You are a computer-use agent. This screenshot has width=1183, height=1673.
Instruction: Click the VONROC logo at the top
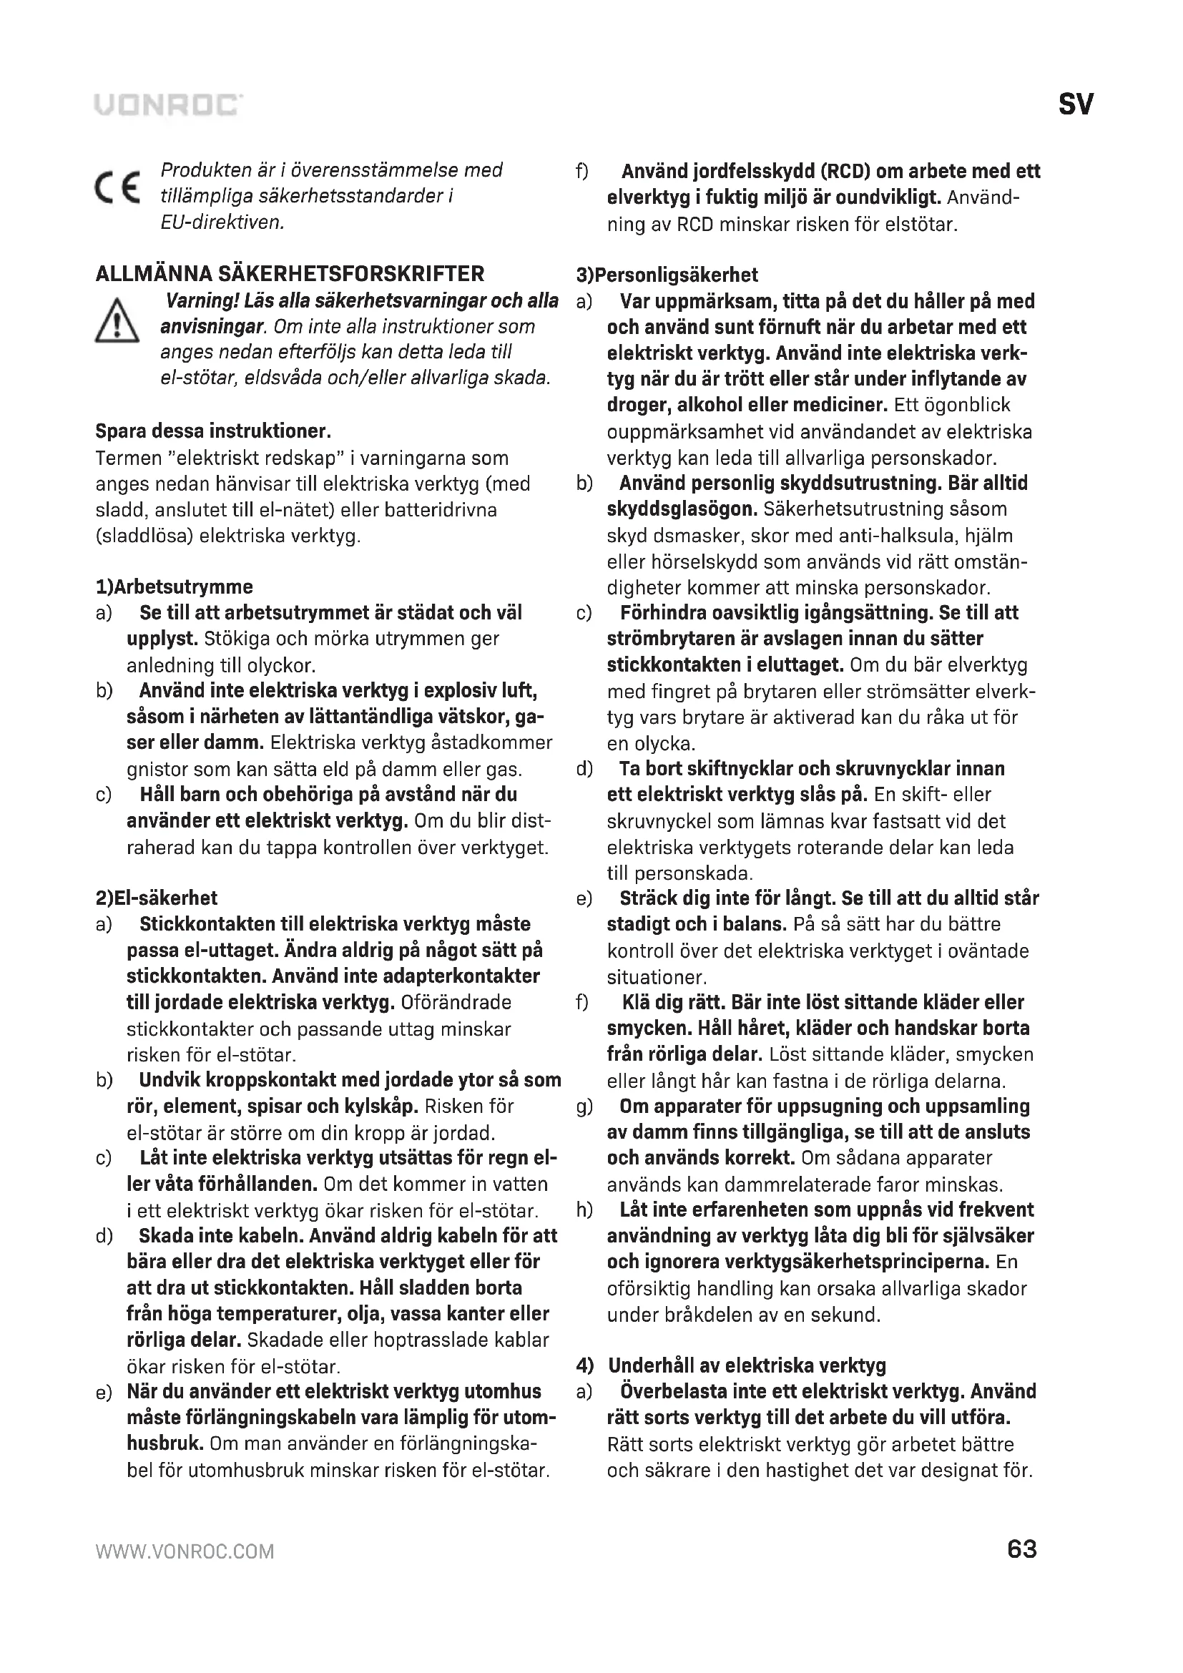pyautogui.click(x=168, y=105)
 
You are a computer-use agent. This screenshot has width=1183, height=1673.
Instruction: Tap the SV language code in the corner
pyautogui.click(x=1075, y=105)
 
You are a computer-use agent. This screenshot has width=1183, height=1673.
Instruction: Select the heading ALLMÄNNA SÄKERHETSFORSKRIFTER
pyautogui.click(x=290, y=274)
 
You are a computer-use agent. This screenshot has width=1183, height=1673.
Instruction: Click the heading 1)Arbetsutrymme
pyautogui.click(x=175, y=587)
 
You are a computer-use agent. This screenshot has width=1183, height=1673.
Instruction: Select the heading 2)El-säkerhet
pyautogui.click(x=157, y=898)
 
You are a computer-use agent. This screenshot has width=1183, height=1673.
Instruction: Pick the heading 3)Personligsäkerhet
pyautogui.click(x=667, y=275)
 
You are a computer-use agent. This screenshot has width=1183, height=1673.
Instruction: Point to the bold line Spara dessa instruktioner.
pyautogui.click(x=213, y=431)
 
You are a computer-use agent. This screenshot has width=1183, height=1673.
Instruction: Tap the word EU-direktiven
pyautogui.click(x=222, y=222)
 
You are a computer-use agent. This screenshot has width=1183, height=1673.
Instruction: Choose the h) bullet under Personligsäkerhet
pyautogui.click(x=584, y=1210)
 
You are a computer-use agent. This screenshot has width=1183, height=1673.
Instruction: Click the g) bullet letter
pyautogui.click(x=584, y=1106)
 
